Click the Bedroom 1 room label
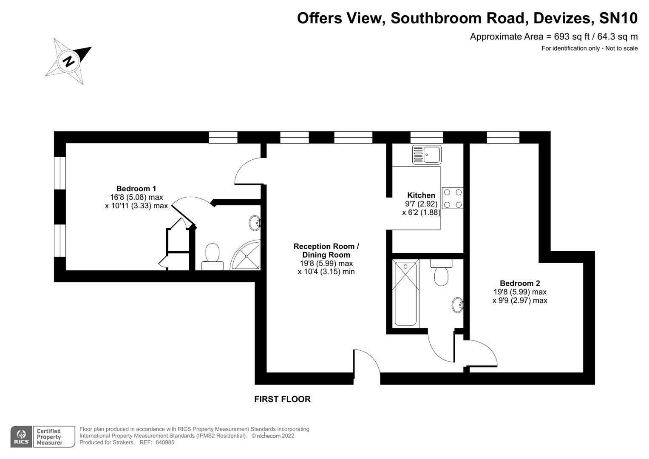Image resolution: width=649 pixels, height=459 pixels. pos(136,189)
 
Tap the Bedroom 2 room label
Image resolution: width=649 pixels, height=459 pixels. pos(519,283)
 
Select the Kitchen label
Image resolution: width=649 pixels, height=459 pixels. pos(421,195)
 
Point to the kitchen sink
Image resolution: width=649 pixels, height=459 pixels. pos(426,154)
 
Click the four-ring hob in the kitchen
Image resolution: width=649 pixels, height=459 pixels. pos(452,198)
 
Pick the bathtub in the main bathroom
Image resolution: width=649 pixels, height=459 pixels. pos(405,293)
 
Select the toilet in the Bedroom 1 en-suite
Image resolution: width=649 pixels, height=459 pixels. pos(212,257)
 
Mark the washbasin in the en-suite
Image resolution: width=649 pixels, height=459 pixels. pos(255,223)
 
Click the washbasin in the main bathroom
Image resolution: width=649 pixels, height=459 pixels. pos(457,305)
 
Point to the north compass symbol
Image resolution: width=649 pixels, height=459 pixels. pos(68,61)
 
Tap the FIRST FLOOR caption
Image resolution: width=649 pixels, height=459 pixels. pos(282,399)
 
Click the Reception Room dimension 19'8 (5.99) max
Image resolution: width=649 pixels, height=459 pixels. pos(326,263)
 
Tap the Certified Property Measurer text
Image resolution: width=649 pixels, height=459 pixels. pos(49,437)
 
